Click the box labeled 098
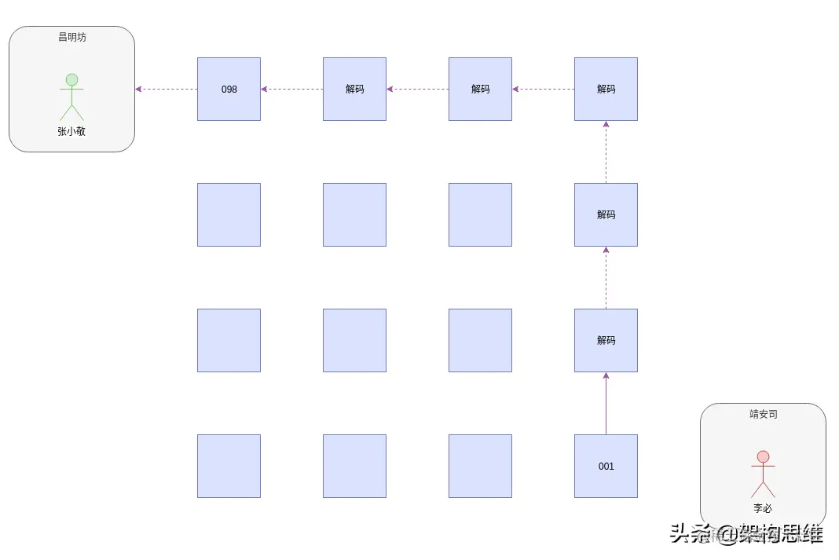coord(229,89)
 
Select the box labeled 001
coord(606,466)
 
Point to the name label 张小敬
coord(71,131)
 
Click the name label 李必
coord(763,508)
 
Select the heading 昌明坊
coord(71,37)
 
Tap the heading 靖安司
coord(763,414)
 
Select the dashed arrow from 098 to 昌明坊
coord(166,89)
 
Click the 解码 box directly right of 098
coord(354,89)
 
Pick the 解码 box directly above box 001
coord(606,340)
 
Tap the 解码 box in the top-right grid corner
coord(606,89)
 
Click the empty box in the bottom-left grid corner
coord(229,466)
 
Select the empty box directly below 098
coord(229,214)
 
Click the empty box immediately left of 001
coord(480,466)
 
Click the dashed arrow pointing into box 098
coord(291,89)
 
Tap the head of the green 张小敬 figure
coord(71,79)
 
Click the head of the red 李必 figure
coord(763,456)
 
